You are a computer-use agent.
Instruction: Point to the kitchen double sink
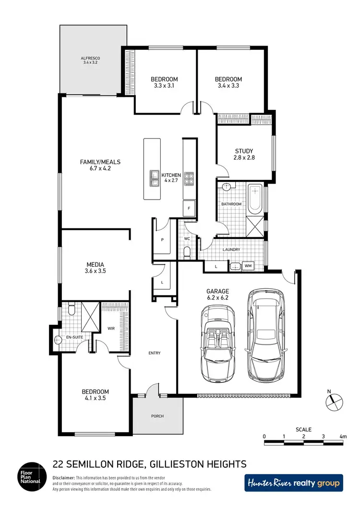pyautogui.click(x=155, y=178)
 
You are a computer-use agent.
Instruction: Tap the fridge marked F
pyautogui.click(x=189, y=208)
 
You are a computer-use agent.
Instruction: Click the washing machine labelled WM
pyautogui.click(x=248, y=265)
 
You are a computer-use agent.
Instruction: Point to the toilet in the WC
pyautogui.click(x=187, y=252)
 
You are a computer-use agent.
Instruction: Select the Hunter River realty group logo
pyautogui.click(x=294, y=483)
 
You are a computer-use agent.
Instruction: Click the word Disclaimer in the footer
pyautogui.click(x=64, y=478)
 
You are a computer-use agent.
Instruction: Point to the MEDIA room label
pyautogui.click(x=96, y=268)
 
